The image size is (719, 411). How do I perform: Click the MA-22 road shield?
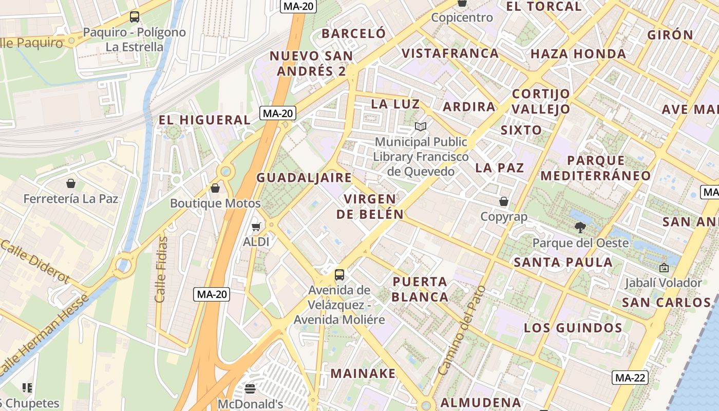pos(630,378)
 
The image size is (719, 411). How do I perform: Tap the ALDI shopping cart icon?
pos(256,227)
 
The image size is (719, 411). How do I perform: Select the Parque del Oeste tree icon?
pos(580,228)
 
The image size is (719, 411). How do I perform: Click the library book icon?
pos(421,126)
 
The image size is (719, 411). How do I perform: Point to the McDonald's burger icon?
pos(250,389)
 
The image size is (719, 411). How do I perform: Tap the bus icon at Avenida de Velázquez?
pos(339,275)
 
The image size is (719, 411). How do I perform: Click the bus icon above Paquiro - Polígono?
pos(134,17)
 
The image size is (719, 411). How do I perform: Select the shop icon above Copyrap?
pos(504,201)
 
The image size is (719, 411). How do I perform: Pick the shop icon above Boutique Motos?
pos(215,188)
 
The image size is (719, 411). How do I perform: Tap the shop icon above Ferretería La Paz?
pos(71,183)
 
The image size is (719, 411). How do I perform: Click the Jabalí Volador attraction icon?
pos(664,268)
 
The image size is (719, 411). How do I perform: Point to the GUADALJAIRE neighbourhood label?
pos(304,178)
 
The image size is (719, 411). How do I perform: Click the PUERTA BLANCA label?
pos(420,289)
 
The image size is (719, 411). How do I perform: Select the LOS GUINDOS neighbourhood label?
pos(573,328)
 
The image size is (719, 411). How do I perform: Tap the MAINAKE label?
pos(363,373)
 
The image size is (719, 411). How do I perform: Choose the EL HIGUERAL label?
pos(204,120)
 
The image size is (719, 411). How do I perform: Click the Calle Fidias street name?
pos(162,269)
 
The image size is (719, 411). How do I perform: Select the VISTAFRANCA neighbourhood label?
pos(450,53)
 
